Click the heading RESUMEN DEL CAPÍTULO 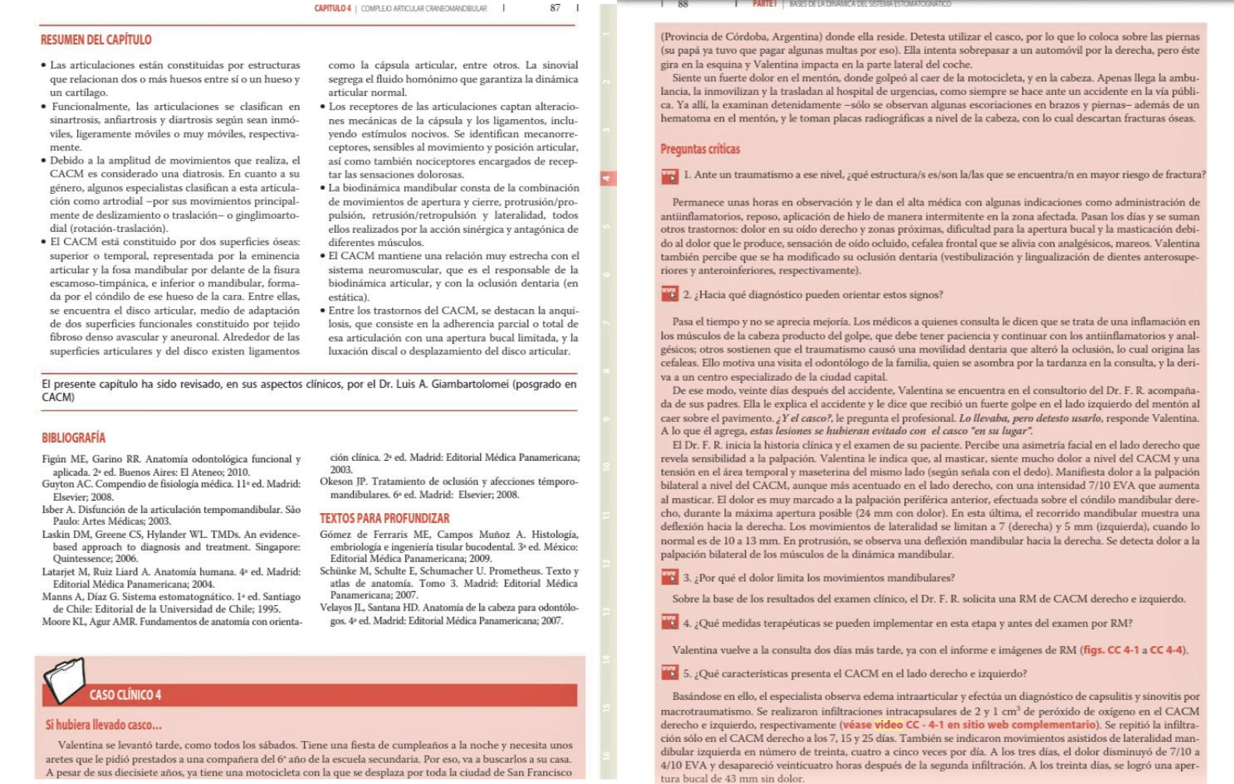point(96,40)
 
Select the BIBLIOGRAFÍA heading point(73,438)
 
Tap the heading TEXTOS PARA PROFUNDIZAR point(384,519)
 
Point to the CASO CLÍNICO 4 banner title point(125,695)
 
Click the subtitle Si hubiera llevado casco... point(104,725)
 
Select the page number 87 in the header point(555,8)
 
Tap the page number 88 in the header point(683,4)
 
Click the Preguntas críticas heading point(700,149)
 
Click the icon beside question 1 point(669,177)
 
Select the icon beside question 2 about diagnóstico point(669,294)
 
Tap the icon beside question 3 point(669,578)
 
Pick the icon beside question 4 point(669,623)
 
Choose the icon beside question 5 point(669,673)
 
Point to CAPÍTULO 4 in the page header point(333,9)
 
